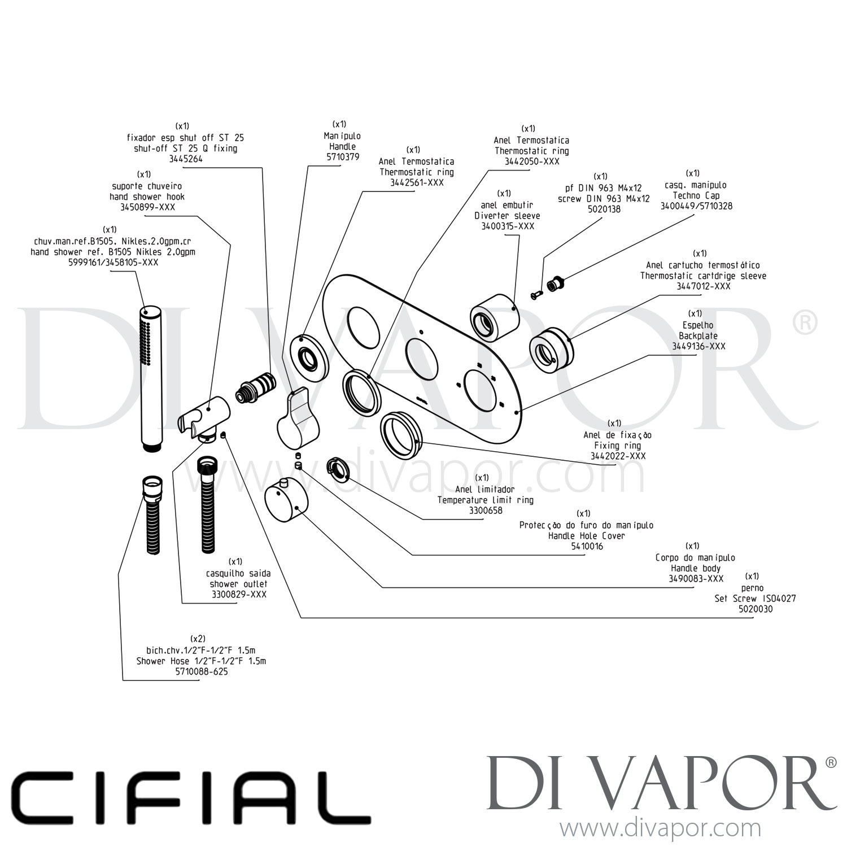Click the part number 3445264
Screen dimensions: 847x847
[185, 159]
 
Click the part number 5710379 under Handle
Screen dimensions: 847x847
[343, 157]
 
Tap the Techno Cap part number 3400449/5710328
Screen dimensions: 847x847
[696, 206]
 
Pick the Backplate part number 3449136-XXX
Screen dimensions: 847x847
[698, 346]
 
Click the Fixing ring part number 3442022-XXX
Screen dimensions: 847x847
[618, 456]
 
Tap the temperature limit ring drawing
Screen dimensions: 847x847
[338, 469]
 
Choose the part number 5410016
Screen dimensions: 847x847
[587, 546]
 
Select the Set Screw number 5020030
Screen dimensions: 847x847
[755, 609]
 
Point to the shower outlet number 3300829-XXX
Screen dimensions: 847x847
[239, 594]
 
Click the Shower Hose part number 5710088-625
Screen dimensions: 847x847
[201, 672]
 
